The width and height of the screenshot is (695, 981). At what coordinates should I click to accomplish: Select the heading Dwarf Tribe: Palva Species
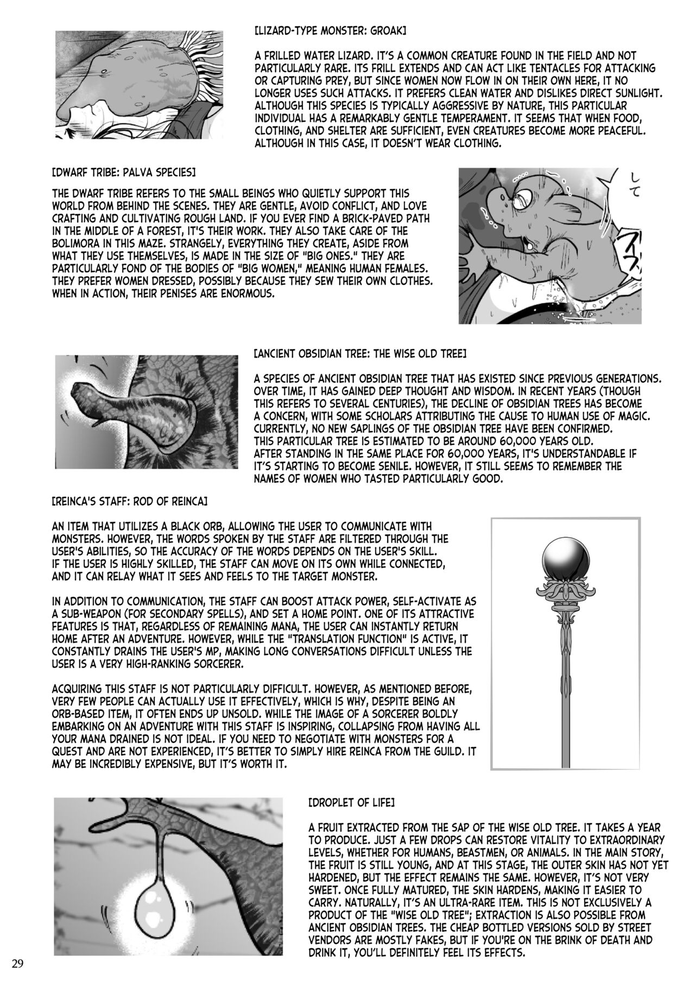tap(124, 172)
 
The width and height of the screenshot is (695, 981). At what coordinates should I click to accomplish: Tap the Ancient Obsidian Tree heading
tap(375, 354)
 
